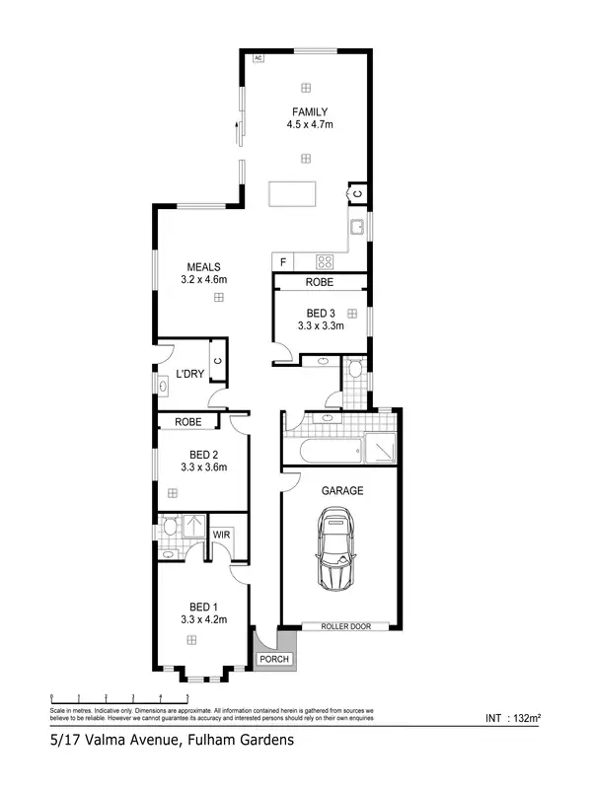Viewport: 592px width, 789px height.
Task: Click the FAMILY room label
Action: point(309,111)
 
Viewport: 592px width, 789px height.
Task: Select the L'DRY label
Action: point(189,375)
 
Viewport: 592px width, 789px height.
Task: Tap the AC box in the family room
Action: point(258,58)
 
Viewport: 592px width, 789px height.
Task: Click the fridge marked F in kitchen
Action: point(284,261)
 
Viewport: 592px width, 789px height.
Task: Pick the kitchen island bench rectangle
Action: point(294,194)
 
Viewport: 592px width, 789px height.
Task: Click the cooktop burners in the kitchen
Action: point(325,261)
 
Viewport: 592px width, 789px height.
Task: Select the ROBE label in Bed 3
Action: point(319,283)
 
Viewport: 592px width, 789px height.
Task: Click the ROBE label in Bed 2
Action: point(188,422)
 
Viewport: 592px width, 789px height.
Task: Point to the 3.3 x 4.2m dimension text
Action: point(204,619)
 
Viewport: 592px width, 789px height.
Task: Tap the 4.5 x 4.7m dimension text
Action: point(309,125)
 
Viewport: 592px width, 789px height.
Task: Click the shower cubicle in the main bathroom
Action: point(380,449)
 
